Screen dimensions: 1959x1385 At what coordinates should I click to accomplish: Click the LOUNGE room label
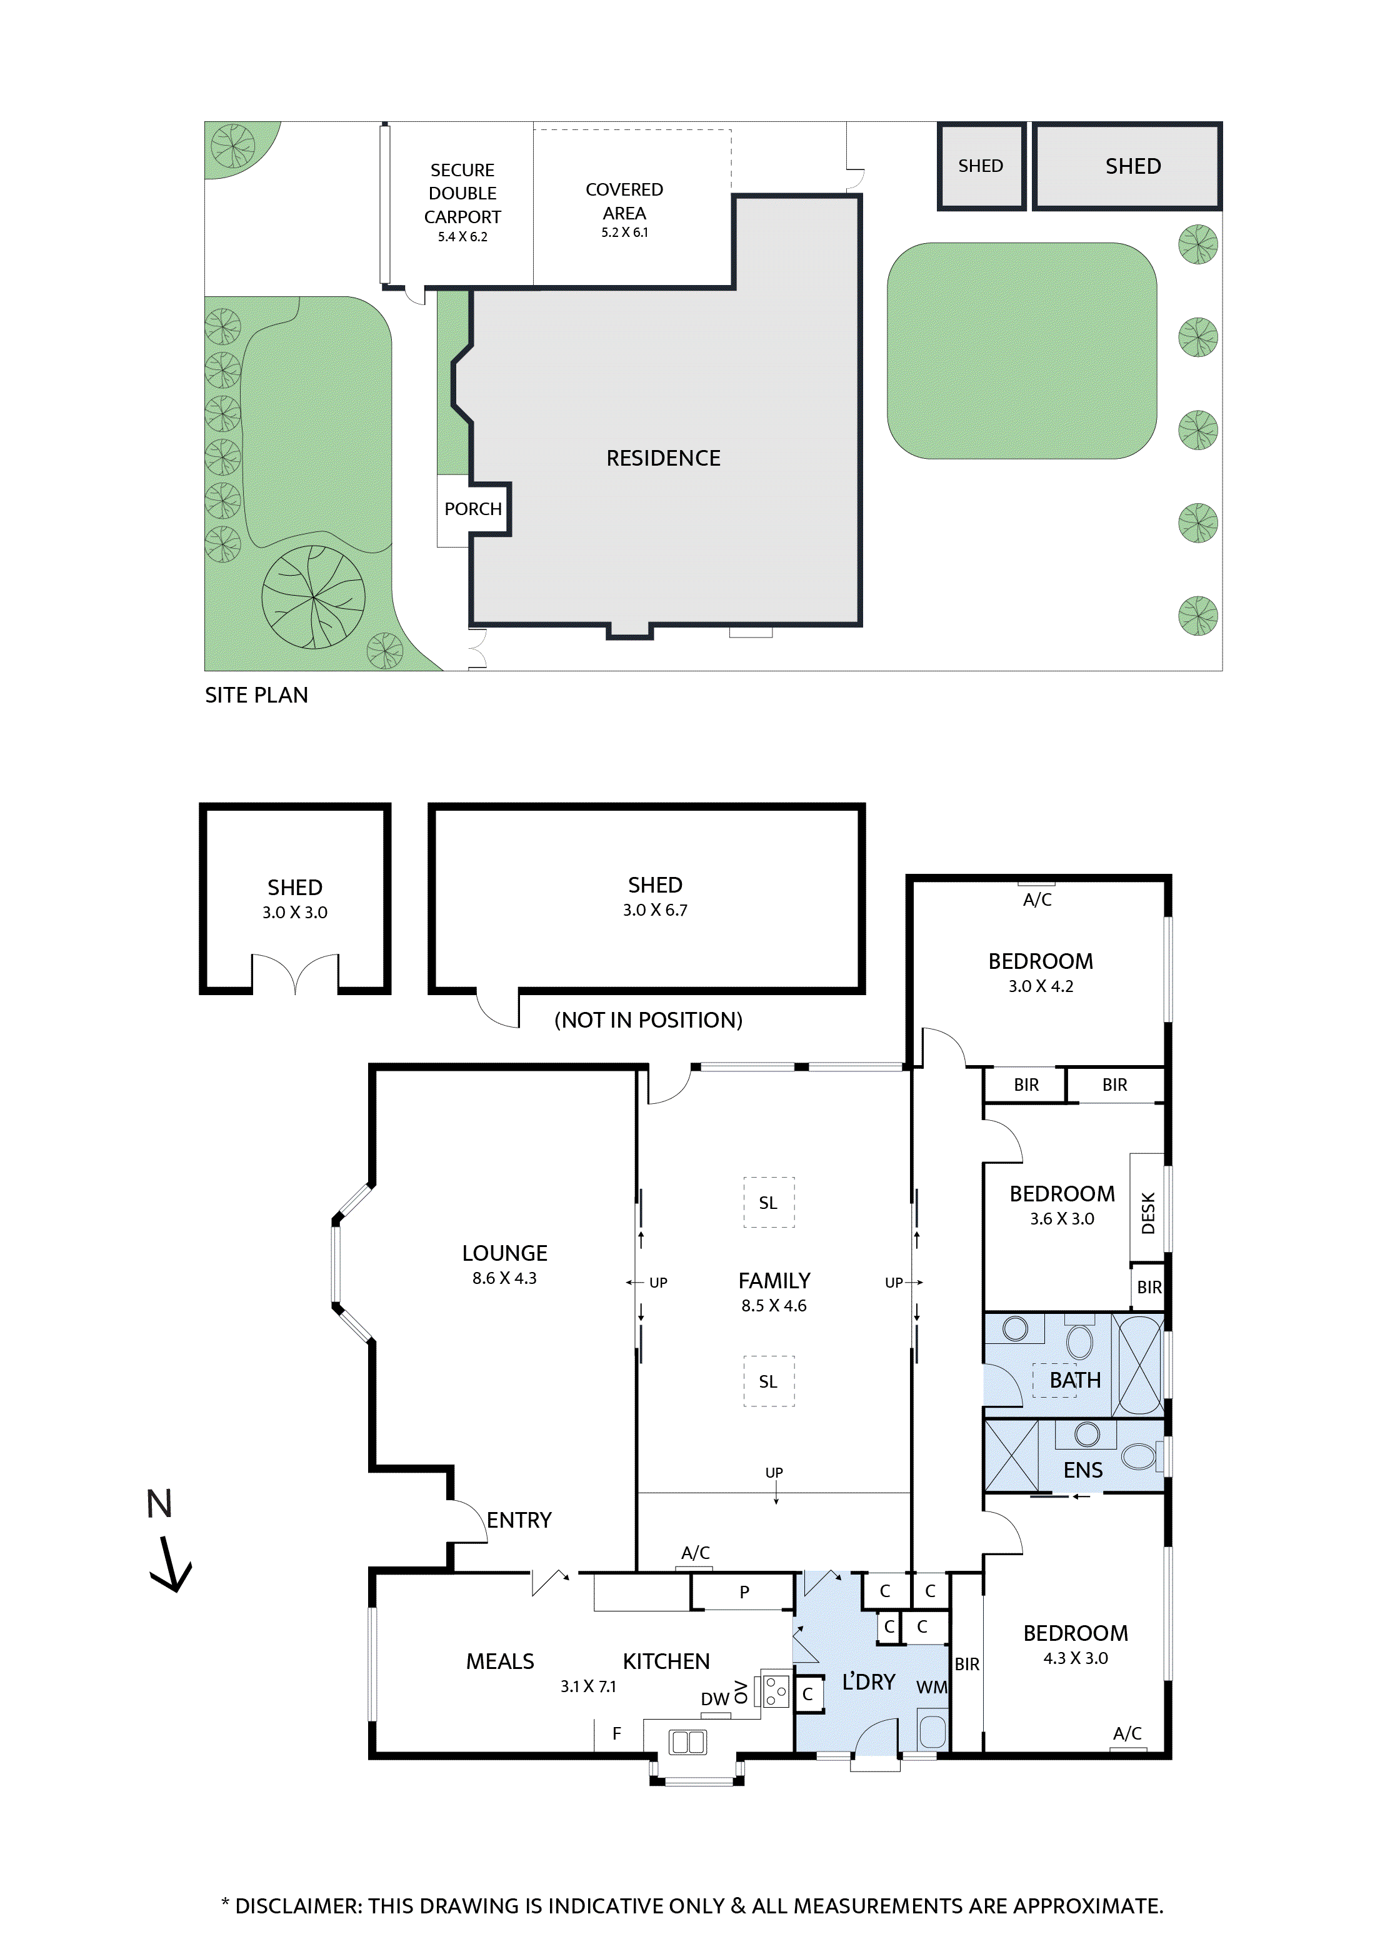coord(504,1253)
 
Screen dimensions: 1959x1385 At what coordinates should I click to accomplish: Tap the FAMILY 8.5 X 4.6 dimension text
coord(773,1305)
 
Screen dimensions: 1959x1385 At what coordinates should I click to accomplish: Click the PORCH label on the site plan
coord(472,509)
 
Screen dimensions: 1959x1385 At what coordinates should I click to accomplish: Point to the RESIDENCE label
coord(663,458)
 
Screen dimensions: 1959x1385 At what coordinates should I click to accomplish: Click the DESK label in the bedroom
coord(1147,1213)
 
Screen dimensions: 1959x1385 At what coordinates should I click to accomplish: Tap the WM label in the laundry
coord(931,1687)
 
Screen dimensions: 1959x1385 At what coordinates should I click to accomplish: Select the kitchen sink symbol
coord(687,1741)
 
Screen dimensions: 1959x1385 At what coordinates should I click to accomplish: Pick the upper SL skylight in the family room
coord(768,1202)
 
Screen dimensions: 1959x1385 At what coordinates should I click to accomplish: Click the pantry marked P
coord(744,1591)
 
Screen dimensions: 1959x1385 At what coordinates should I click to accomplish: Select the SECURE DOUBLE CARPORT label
coord(462,194)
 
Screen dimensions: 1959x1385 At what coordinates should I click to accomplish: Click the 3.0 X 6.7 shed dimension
coord(654,910)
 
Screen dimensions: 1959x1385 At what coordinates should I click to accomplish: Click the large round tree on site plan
coord(313,597)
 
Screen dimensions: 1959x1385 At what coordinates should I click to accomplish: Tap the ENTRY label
coord(519,1520)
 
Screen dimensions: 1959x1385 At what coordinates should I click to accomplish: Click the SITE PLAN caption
coord(256,695)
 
